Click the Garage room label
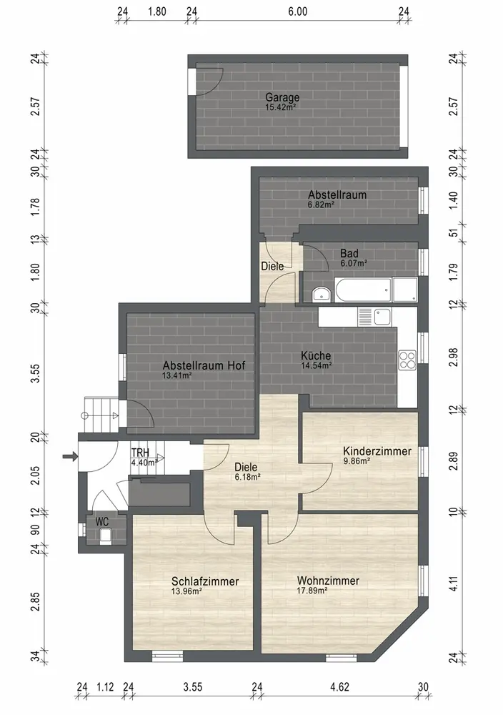[x=282, y=97]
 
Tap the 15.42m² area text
[x=281, y=108]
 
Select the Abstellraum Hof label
[x=204, y=365]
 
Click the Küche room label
[x=316, y=355]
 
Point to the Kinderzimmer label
[x=377, y=451]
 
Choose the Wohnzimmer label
[x=328, y=581]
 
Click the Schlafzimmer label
[x=205, y=581]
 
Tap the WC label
[x=101, y=521]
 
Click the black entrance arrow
[x=70, y=456]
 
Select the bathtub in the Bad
[x=363, y=290]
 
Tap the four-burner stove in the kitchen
[x=407, y=360]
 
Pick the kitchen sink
[x=374, y=317]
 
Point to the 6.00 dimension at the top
[x=297, y=11]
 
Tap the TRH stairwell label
[x=140, y=453]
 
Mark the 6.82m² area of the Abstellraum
[x=322, y=204]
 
